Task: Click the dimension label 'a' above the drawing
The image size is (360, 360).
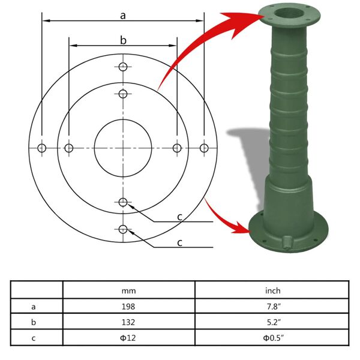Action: pos(123,16)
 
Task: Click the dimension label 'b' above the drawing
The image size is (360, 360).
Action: pos(123,40)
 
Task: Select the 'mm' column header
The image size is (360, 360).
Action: pos(128,290)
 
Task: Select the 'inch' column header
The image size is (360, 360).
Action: pos(273,290)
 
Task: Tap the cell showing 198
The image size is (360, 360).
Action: pos(128,306)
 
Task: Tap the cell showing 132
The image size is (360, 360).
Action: pos(128,322)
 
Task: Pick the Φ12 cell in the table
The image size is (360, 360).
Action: pos(128,338)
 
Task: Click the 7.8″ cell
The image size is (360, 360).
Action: pos(273,306)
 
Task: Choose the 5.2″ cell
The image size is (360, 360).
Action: pos(273,322)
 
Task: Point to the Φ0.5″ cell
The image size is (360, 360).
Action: pos(273,338)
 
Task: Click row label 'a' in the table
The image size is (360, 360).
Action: pos(34,306)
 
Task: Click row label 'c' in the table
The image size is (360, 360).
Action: pos(34,338)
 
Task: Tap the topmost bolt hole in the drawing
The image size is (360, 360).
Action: pos(123,67)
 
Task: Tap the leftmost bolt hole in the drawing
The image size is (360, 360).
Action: pos(42,148)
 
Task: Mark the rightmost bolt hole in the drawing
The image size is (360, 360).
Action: pos(205,148)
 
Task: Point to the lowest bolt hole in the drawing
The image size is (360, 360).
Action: pos(123,229)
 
